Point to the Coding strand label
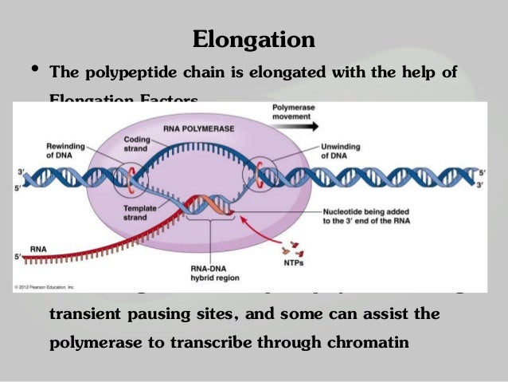136,144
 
